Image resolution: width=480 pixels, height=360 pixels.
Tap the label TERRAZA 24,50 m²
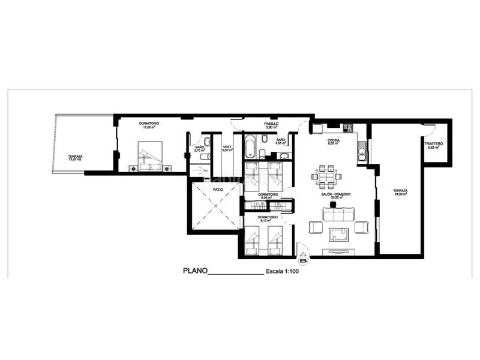pyautogui.click(x=401, y=193)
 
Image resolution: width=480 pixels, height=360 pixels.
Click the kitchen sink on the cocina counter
pyautogui.click(x=362, y=155)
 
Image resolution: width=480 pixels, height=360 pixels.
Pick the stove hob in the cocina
pyautogui.click(x=347, y=127)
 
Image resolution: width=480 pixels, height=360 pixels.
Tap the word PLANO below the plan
pyautogui.click(x=194, y=271)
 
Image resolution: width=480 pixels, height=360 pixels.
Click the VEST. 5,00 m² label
pyautogui.click(x=227, y=149)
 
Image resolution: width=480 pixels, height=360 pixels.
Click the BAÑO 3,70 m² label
pyautogui.click(x=200, y=149)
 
